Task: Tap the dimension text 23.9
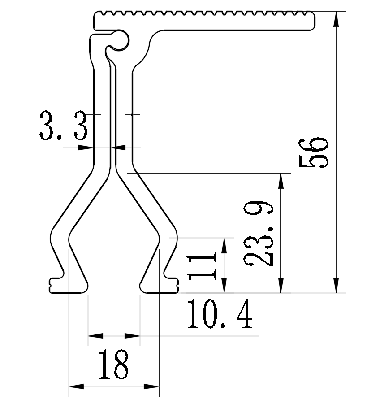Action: tap(259, 234)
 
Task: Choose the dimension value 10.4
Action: tap(219, 315)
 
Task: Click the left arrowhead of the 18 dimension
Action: tap(75, 386)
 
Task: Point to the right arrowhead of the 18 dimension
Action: tap(152, 386)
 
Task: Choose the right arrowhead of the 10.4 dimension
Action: tap(133, 335)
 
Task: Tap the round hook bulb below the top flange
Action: tap(121, 40)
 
